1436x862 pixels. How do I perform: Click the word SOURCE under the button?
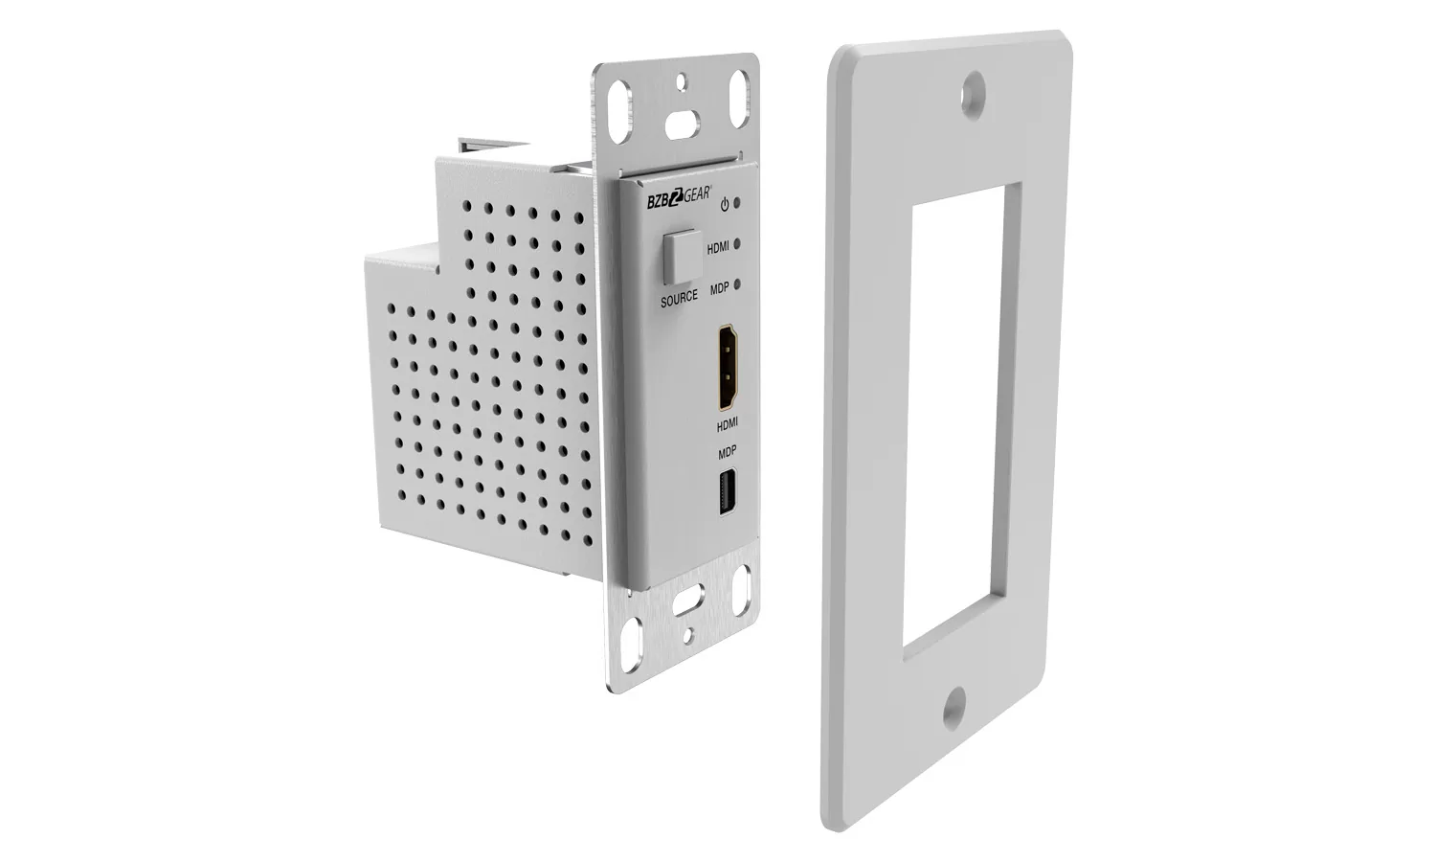coord(679,299)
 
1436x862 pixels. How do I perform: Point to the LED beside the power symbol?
coord(741,204)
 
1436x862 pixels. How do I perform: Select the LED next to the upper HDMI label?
coord(739,245)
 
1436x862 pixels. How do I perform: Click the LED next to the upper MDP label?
coord(738,285)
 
